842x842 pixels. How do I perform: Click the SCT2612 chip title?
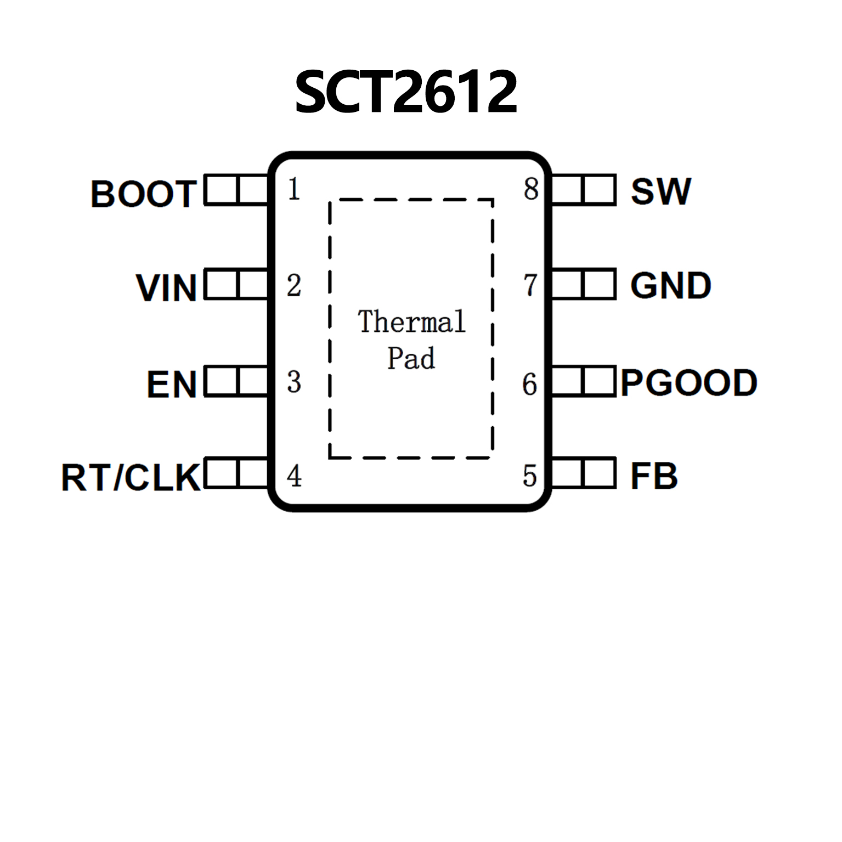pos(405,92)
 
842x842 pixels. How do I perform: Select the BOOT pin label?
pos(144,194)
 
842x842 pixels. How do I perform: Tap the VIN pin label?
pos(166,287)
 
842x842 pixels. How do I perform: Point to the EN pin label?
pos(172,384)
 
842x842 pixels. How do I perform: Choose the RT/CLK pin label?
pos(131,477)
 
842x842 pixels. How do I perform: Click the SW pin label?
pos(660,191)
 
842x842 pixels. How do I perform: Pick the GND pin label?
pos(670,286)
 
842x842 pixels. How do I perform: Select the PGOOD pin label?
pos(689,382)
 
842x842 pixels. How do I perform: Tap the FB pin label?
pos(654,476)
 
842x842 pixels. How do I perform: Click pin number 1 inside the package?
pos(294,189)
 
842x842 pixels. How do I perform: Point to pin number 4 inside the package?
pos(294,476)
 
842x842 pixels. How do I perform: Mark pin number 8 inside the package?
pos(530,189)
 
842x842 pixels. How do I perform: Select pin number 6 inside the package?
pos(529,384)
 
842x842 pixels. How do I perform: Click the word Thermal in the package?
pos(411,321)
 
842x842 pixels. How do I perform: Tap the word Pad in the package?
pos(411,358)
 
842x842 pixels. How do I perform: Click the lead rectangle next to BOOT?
pos(236,190)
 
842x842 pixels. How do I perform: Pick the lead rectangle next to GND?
pos(583,284)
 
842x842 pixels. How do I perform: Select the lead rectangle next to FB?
pos(583,473)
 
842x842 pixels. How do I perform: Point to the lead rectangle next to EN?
pos(236,381)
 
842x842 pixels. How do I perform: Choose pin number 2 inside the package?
pos(294,285)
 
